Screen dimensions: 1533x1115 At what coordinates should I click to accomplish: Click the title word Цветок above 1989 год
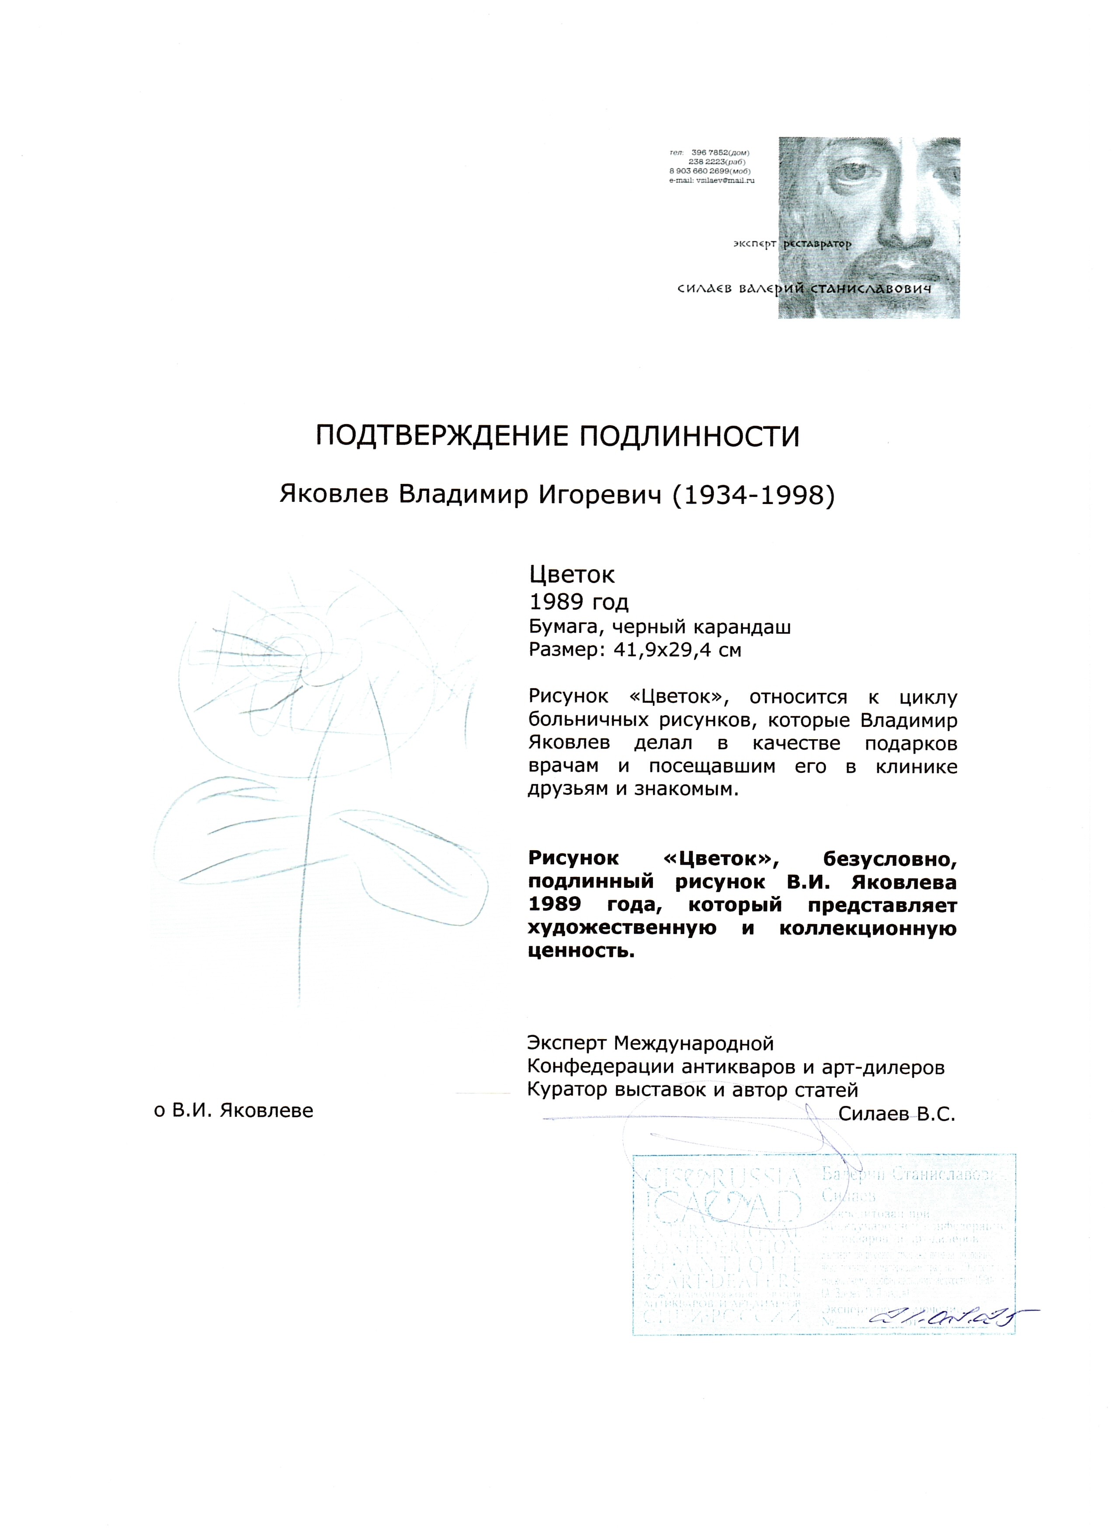[571, 574]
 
